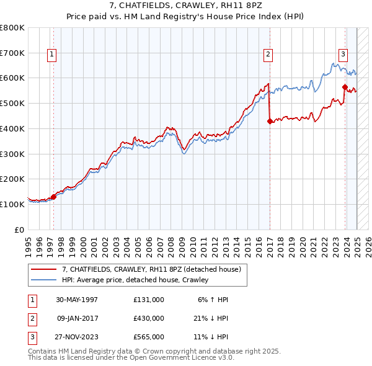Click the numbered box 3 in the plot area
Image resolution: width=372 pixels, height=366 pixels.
click(342, 54)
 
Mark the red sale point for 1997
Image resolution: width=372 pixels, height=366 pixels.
click(53, 197)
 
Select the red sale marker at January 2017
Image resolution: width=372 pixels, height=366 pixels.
click(270, 122)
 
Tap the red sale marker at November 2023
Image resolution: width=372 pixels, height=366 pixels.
click(345, 87)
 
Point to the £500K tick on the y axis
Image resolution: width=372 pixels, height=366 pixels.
click(12, 103)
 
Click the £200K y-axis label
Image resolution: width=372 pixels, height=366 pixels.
click(12, 179)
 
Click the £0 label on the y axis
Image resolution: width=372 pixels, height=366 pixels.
click(19, 230)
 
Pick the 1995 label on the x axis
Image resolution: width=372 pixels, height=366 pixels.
click(29, 244)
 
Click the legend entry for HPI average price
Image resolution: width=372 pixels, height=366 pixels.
click(135, 280)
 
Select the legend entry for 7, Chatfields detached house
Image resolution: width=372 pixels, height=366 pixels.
click(155, 269)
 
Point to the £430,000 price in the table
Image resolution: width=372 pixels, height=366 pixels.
click(149, 318)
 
